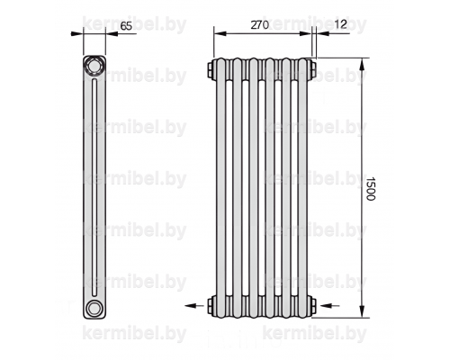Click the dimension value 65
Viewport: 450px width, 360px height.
pyautogui.click(x=126, y=26)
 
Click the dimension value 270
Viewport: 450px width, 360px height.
pyautogui.click(x=260, y=25)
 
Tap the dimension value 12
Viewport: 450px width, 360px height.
pyautogui.click(x=340, y=24)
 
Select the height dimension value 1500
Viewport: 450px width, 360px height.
pyautogui.click(x=371, y=188)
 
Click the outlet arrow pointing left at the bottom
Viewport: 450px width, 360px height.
pyautogui.click(x=194, y=306)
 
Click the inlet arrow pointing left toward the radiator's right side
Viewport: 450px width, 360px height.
pyautogui.click(x=330, y=306)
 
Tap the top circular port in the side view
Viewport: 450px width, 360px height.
pyautogui.click(x=94, y=66)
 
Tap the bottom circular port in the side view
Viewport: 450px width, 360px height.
pyautogui.click(x=94, y=308)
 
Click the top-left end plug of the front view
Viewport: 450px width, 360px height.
pyautogui.click(x=211, y=68)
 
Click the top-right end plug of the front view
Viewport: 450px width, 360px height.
pyautogui.click(x=312, y=68)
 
